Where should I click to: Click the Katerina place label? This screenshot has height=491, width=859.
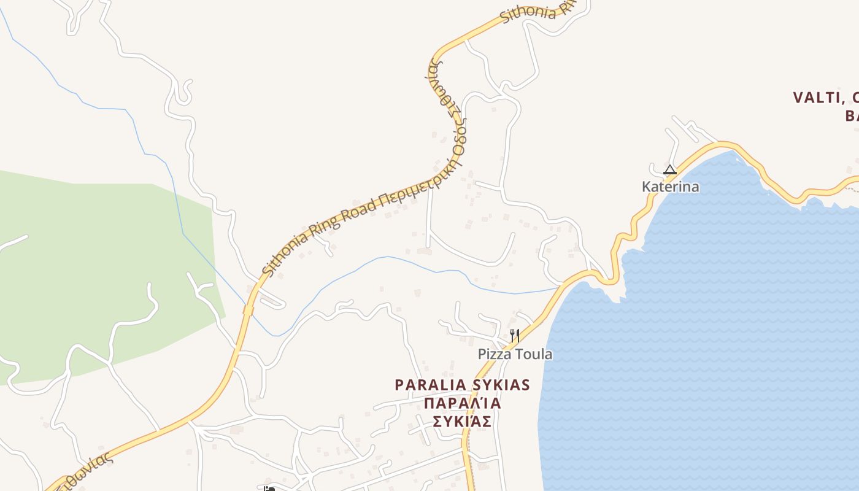pyautogui.click(x=670, y=187)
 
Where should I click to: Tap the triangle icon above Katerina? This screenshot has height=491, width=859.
pyautogui.click(x=670, y=169)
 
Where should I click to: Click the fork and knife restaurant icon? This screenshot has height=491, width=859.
pyautogui.click(x=515, y=336)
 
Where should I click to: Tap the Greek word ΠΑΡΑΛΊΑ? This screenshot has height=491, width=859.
pyautogui.click(x=462, y=403)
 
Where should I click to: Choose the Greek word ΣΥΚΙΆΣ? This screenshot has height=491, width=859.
pyautogui.click(x=462, y=422)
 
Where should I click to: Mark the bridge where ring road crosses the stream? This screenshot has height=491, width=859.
pyautogui.click(x=248, y=310)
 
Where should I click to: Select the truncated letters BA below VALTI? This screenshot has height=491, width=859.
pyautogui.click(x=852, y=116)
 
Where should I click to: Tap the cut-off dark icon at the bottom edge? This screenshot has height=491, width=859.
pyautogui.click(x=269, y=489)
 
